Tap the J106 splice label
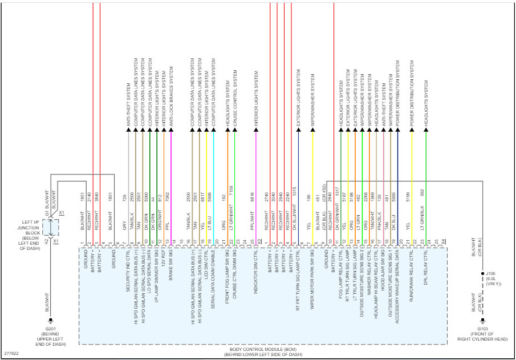(490, 273)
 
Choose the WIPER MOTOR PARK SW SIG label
(312, 277)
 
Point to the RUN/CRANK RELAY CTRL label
(412, 272)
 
